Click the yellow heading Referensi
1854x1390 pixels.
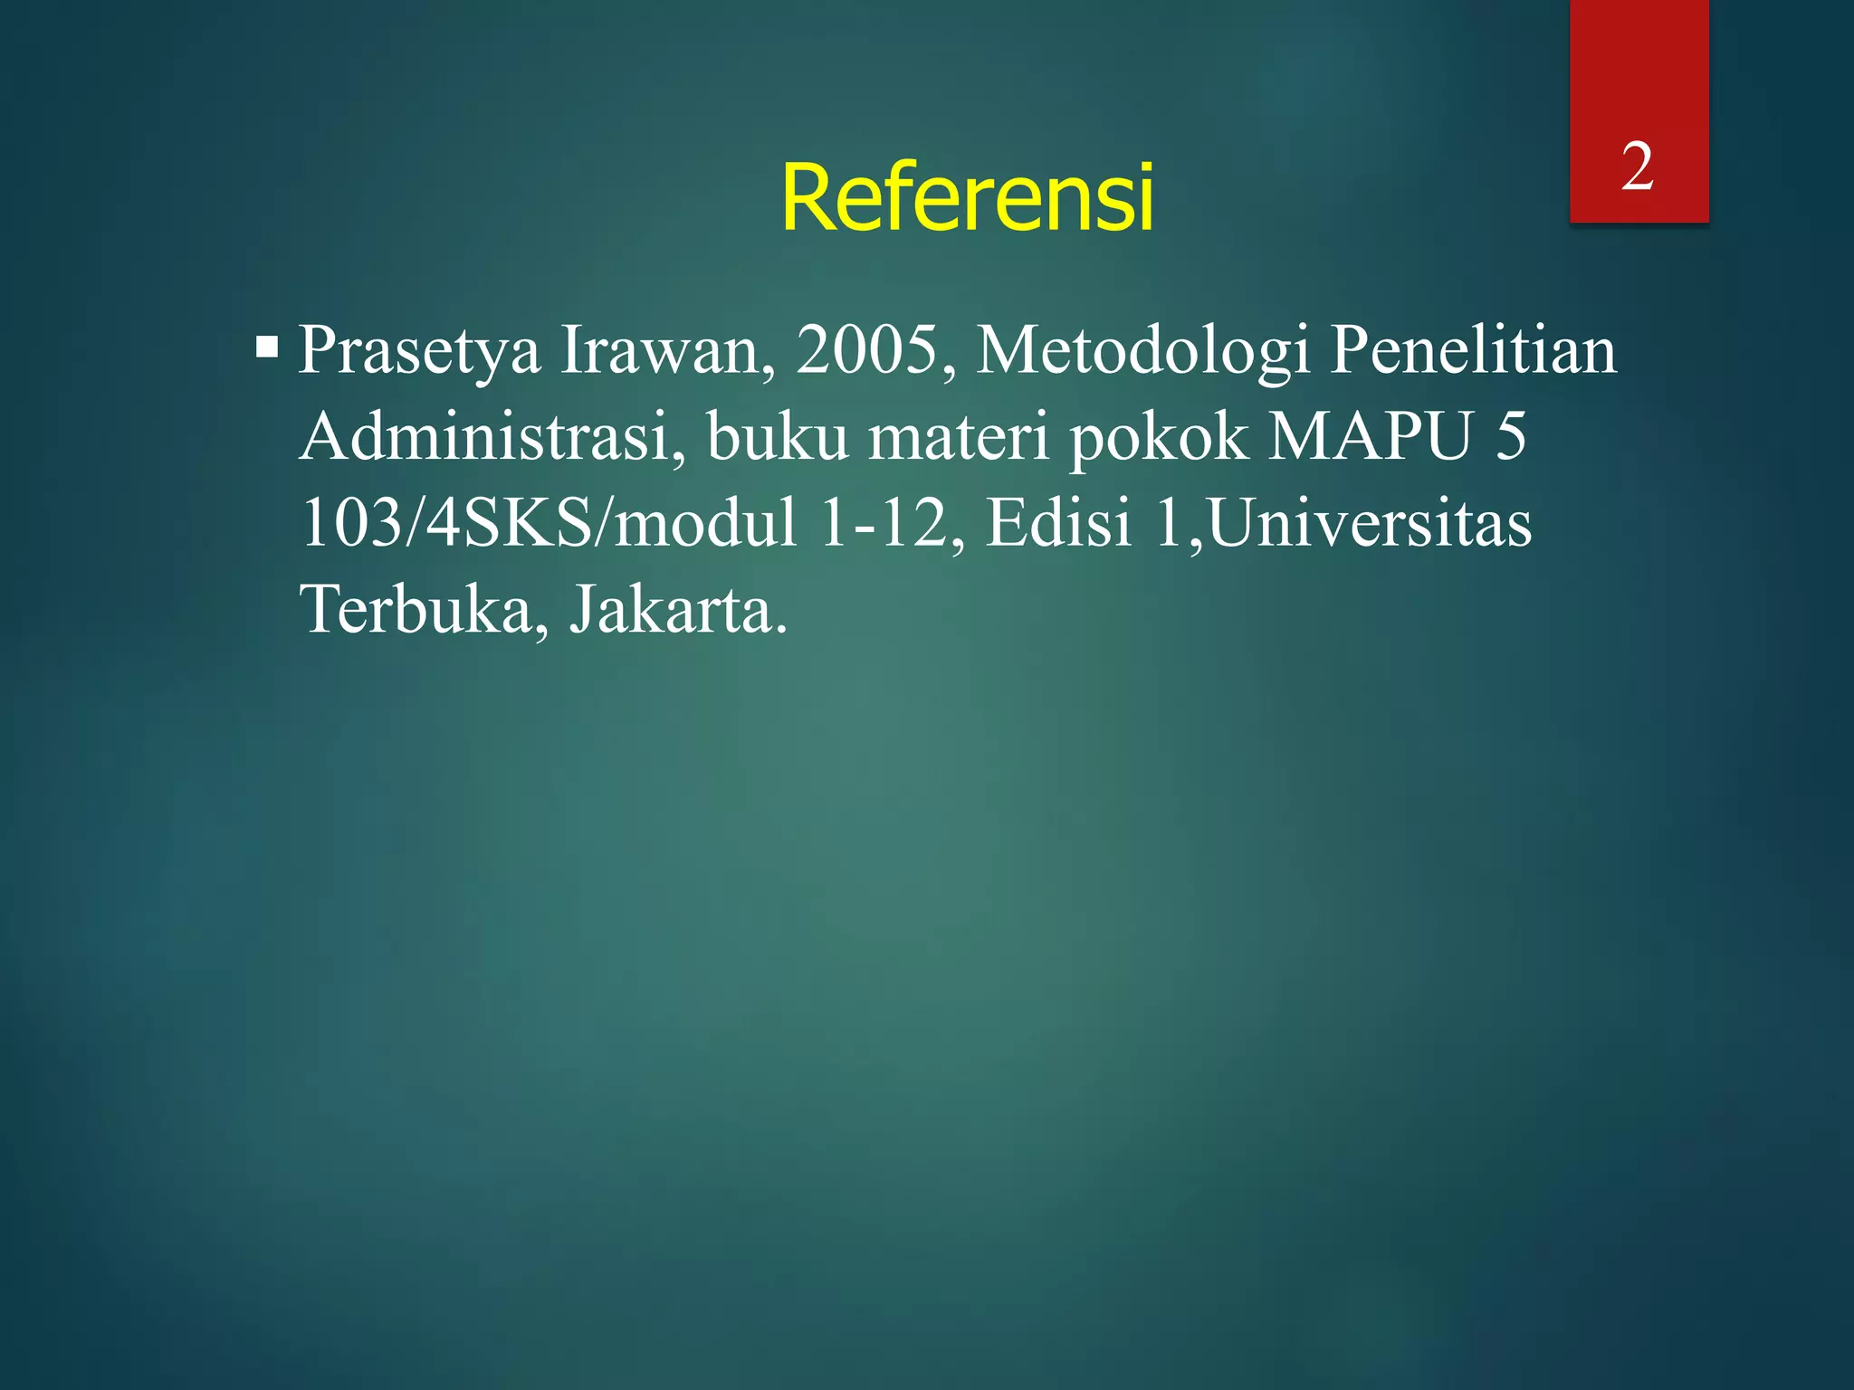967,197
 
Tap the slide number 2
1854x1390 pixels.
1637,167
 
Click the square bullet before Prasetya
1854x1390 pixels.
267,347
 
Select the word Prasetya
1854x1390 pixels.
419,351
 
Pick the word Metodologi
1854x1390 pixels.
1142,351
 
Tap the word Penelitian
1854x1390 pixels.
1473,349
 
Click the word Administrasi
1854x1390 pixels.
494,436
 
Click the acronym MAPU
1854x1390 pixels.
1370,436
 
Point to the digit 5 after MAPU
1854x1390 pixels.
1510,436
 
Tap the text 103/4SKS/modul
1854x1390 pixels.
549,523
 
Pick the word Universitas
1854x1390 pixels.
1370,523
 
